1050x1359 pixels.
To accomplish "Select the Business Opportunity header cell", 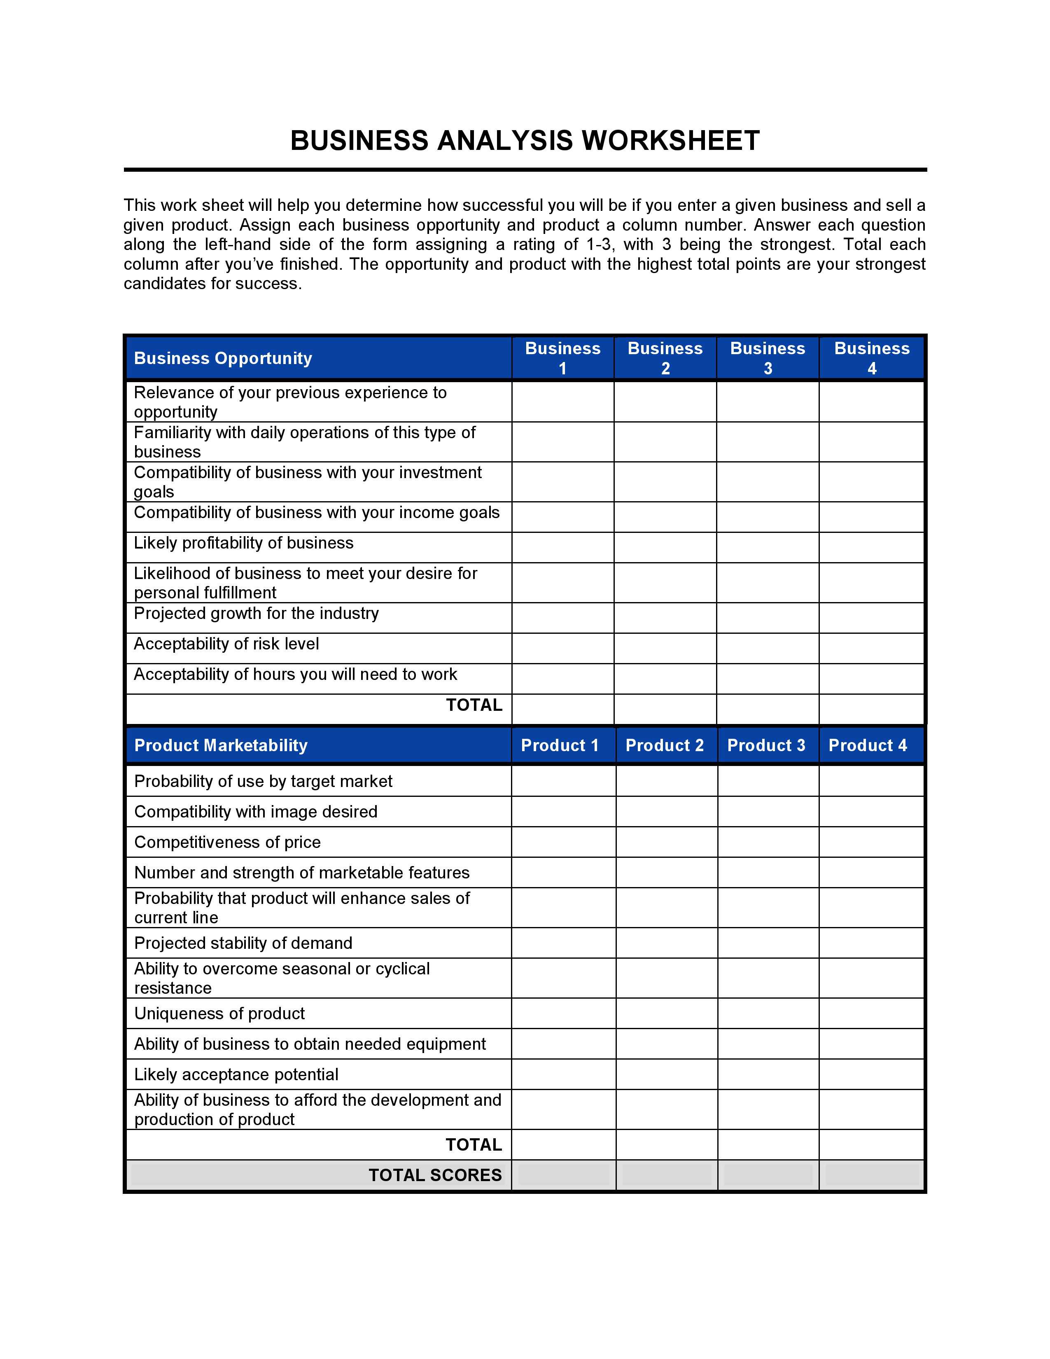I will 223,358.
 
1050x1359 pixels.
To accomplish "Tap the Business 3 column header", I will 767,358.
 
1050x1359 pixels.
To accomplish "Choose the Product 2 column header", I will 664,745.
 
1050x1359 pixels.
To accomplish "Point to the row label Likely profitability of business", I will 243,543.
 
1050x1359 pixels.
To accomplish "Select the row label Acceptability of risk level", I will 226,644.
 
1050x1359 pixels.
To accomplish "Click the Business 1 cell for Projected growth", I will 562,618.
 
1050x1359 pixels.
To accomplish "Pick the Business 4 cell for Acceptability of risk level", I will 871,648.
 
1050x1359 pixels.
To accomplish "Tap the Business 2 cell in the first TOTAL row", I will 665,710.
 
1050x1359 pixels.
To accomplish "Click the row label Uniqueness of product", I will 219,1013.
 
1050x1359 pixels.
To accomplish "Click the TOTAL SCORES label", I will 435,1175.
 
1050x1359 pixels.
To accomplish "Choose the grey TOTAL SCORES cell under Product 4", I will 871,1175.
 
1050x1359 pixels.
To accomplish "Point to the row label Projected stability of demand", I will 243,943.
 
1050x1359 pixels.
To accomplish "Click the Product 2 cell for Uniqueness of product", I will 666,1013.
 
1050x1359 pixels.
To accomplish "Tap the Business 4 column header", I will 871,358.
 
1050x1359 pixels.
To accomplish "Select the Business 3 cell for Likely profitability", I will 767,548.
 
